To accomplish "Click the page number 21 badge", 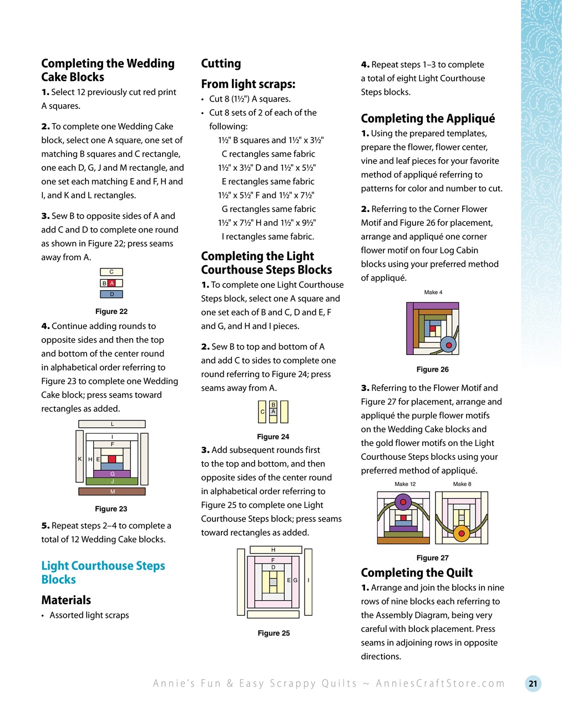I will click(533, 683).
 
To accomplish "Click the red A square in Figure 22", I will click(112, 283).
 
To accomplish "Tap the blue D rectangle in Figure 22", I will click(112, 294).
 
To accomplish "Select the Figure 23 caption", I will click(111, 509).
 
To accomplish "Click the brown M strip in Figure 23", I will click(112, 491).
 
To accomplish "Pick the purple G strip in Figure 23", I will click(113, 474).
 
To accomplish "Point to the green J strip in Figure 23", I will click(113, 481).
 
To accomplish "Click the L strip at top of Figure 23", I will click(112, 424).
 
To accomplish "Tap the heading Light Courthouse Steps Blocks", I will click(103, 572).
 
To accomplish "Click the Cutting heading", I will click(221, 63).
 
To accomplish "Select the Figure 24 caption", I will click(273, 437).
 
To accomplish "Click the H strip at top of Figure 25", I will click(273, 550).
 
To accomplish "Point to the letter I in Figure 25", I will click(308, 580).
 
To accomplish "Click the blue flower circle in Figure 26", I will click(448, 345).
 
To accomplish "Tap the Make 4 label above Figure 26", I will click(433, 292).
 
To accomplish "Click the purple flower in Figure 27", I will click(403, 504).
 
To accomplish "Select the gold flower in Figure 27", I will click(462, 535).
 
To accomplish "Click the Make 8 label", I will click(462, 484).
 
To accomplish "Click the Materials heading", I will click(66, 600).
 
